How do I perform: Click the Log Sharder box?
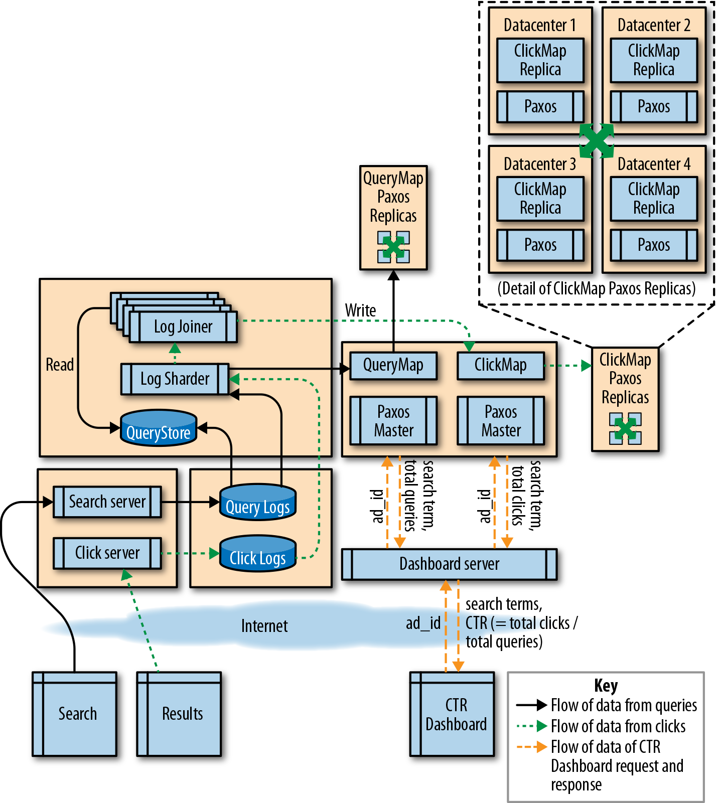[175, 379]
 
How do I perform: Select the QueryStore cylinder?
[159, 428]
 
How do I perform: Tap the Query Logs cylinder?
[258, 502]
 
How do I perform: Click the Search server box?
[107, 502]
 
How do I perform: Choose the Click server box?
[107, 553]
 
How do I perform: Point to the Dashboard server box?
[450, 564]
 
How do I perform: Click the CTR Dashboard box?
[452, 714]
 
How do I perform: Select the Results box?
[179, 714]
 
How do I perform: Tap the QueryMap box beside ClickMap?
[393, 365]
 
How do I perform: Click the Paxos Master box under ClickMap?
[501, 421]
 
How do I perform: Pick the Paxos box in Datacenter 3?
[540, 245]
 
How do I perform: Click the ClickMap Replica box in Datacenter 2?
[654, 60]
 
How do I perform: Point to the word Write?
[360, 310]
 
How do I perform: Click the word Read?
[60, 365]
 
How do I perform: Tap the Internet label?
[264, 626]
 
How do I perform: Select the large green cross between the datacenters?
[597, 140]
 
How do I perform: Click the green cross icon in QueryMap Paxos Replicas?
[393, 247]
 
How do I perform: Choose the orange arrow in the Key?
[532, 747]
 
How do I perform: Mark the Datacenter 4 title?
[654, 164]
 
